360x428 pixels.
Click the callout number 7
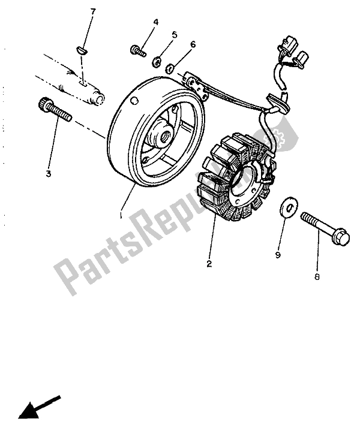pos(93,12)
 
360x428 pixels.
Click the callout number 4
pos(155,22)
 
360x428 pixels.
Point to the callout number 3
pos(49,174)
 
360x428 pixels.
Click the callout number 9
pos(278,255)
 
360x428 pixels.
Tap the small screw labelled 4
pos(138,50)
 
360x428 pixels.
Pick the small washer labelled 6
pos(171,68)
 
